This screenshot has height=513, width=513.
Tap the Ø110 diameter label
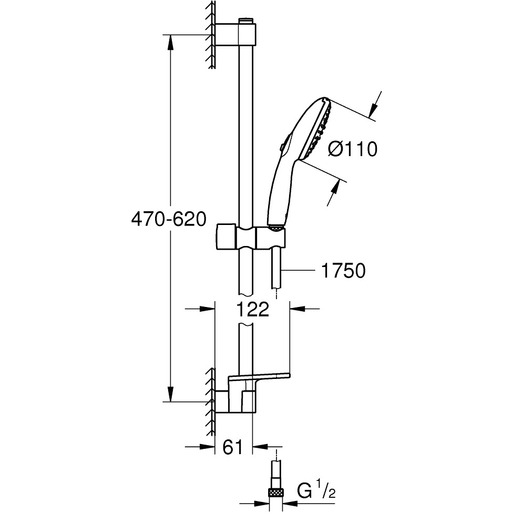(x=353, y=149)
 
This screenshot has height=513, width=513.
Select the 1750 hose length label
(x=342, y=271)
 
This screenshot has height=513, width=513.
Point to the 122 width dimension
(x=252, y=309)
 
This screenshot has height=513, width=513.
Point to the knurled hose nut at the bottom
(x=276, y=493)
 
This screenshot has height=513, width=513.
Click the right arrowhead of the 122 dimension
(x=297, y=309)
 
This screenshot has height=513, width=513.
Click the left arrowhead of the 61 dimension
(x=210, y=447)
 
